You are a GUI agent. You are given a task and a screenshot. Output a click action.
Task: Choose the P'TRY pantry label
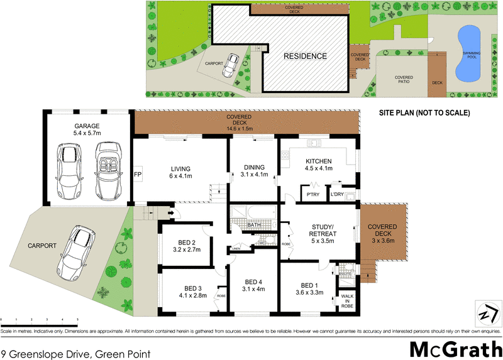pos(312,194)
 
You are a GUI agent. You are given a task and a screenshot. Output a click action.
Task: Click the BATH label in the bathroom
pos(254,224)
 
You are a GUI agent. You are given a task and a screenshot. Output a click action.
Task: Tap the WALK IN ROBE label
pos(347,300)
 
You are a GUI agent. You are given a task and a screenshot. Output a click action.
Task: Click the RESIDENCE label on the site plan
pos(305,56)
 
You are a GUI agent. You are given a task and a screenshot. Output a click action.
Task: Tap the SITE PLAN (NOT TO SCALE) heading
pos(424,113)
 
